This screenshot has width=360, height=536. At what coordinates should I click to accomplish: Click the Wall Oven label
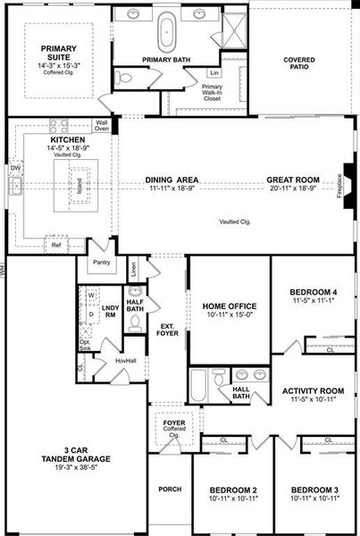click(x=102, y=125)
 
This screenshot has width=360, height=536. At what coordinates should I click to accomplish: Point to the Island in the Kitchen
click(x=79, y=188)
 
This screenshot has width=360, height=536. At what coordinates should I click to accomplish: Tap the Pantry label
click(x=100, y=264)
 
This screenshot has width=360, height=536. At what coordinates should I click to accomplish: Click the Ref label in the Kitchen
click(x=55, y=244)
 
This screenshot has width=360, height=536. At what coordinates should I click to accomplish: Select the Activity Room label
click(x=313, y=390)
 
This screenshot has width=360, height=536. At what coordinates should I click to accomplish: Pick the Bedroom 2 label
click(x=233, y=490)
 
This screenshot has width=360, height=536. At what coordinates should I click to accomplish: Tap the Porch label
click(x=170, y=490)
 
